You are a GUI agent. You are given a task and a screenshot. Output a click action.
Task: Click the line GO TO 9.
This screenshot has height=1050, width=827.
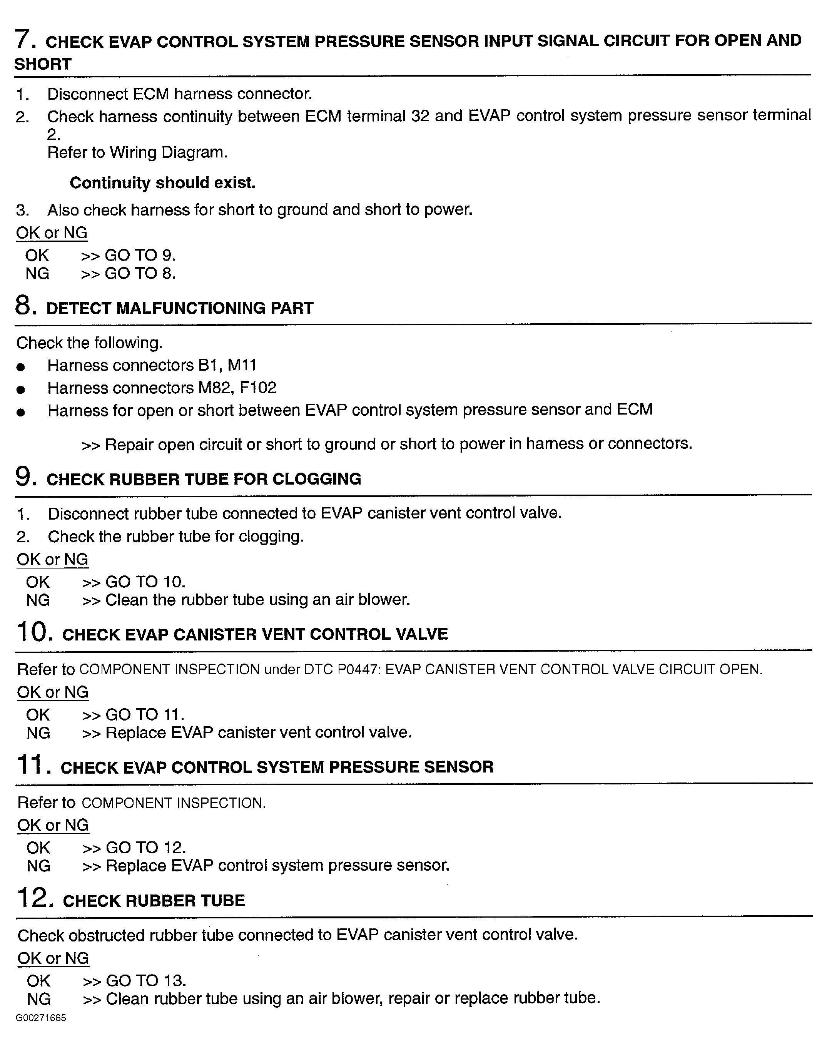(140, 255)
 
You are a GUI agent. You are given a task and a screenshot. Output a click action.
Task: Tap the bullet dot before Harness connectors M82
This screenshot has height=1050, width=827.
(20, 390)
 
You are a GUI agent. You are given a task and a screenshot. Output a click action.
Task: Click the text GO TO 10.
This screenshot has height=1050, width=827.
(145, 582)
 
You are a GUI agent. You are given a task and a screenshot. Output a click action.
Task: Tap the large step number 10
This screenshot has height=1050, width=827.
(34, 632)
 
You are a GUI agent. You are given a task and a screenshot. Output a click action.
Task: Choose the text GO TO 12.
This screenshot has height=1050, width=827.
(146, 848)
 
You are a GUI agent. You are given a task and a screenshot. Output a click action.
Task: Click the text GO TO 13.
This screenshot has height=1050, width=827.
(146, 981)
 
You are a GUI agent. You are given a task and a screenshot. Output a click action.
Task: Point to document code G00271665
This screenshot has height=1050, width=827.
(41, 1018)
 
